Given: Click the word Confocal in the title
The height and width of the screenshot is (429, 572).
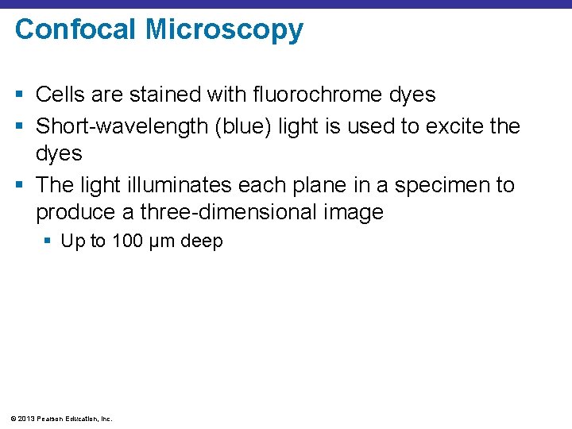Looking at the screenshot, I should pos(75,29).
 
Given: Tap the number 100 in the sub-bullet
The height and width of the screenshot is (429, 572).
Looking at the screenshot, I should pos(127,241).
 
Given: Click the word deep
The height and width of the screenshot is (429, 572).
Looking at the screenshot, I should pos(202,242).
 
